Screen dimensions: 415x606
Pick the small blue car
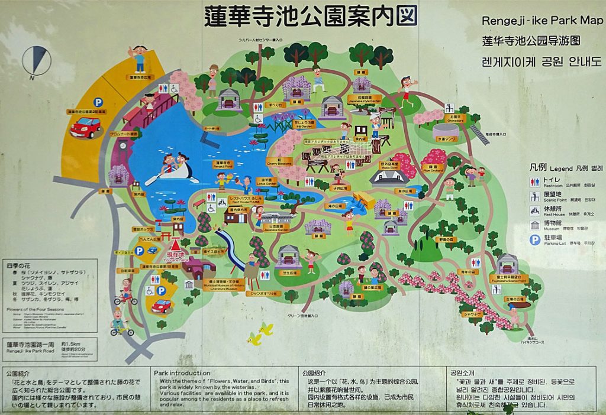coord(163,305)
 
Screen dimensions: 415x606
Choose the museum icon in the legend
coord(534,224)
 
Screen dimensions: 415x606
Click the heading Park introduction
coord(182,373)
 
